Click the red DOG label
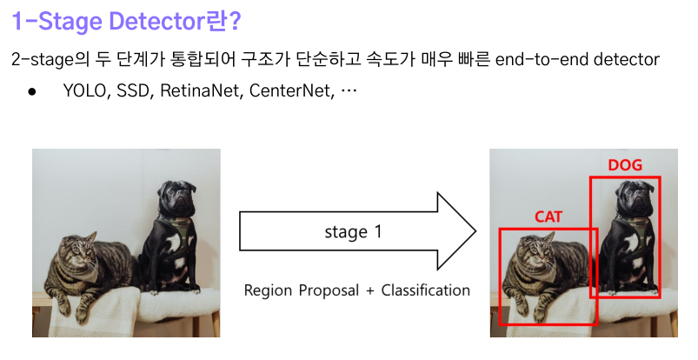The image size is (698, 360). pyautogui.click(x=625, y=165)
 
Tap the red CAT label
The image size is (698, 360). pyautogui.click(x=548, y=217)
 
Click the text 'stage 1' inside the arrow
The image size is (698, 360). pyautogui.click(x=353, y=231)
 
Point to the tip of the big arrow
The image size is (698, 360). pyautogui.click(x=476, y=231)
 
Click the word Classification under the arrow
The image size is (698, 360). pyautogui.click(x=426, y=290)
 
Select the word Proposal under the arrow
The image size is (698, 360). pyautogui.click(x=329, y=291)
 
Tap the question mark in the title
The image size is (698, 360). pyautogui.click(x=235, y=21)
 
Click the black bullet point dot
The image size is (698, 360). pyautogui.click(x=31, y=92)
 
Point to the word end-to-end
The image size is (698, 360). pyautogui.click(x=542, y=59)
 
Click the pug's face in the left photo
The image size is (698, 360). pyautogui.click(x=176, y=197)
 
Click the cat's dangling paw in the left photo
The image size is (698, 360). pyautogui.click(x=82, y=315)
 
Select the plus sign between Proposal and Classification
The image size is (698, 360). pyautogui.click(x=370, y=291)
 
